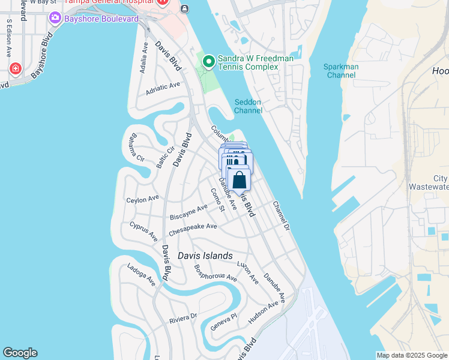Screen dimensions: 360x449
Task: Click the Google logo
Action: pyautogui.click(x=20, y=353)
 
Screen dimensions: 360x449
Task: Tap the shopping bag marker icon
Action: pyautogui.click(x=239, y=179)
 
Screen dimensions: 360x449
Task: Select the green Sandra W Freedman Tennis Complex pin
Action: pyautogui.click(x=209, y=61)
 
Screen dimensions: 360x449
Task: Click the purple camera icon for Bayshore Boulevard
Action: pyautogui.click(x=56, y=19)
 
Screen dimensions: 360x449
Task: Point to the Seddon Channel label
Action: pyautogui.click(x=248, y=106)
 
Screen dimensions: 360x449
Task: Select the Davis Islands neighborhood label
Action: pyautogui.click(x=205, y=256)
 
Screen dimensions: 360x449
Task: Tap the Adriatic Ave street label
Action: pyautogui.click(x=163, y=88)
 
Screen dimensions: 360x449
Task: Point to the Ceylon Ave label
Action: pyautogui.click(x=142, y=199)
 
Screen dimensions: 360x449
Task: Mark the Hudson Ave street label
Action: pyautogui.click(x=264, y=312)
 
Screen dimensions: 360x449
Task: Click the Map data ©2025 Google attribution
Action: pyautogui.click(x=412, y=355)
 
